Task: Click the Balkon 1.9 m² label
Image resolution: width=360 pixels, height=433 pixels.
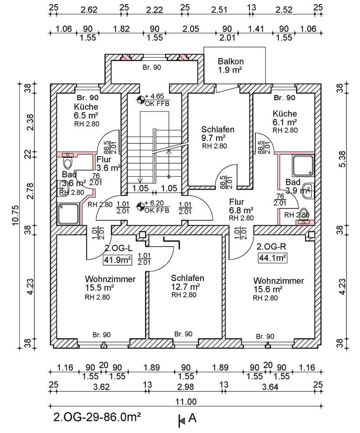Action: coord(231,66)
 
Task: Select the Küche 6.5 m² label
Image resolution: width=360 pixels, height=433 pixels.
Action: coord(87,115)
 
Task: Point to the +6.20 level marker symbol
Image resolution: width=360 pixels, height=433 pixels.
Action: coord(142,207)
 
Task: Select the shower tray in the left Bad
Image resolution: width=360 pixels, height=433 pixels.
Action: coord(69,213)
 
